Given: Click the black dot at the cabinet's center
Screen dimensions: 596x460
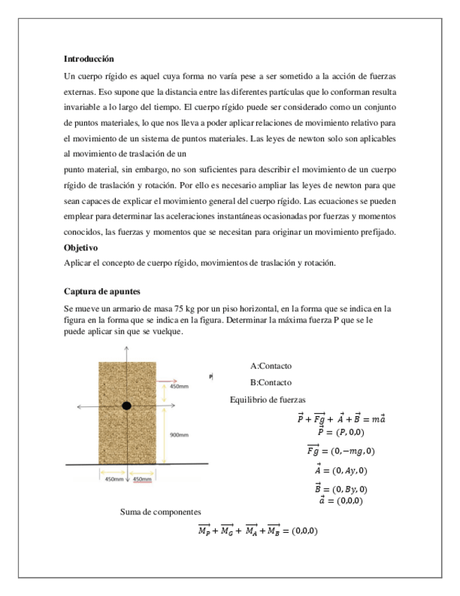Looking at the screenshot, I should (126, 406).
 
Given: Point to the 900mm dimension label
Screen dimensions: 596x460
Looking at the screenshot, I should (178, 435).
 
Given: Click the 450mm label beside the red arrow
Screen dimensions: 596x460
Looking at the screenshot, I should (179, 387).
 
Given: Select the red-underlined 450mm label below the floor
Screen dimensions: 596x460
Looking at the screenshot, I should (143, 479).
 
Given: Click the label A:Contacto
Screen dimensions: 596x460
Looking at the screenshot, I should (270, 366).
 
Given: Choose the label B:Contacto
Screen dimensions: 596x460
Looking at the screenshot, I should (270, 383).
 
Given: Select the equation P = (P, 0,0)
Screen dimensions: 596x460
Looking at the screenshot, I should (341, 432).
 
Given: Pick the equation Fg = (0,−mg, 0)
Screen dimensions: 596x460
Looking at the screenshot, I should (341, 451).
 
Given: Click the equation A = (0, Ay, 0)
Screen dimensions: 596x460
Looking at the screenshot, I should (341, 469).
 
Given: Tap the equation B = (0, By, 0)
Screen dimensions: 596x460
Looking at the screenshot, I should (341, 488).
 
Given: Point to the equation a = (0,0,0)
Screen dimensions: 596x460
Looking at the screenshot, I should (341, 500).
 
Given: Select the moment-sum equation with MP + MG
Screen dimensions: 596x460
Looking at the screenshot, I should (258, 530).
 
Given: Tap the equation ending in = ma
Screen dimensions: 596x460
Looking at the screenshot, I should (341, 420).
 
